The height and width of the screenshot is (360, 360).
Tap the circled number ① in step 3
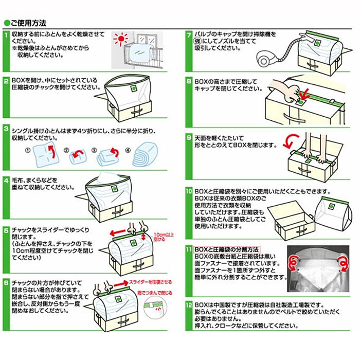(28, 151)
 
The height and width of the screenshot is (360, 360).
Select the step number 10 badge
(189, 191)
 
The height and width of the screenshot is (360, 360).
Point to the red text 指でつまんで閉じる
(157, 293)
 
